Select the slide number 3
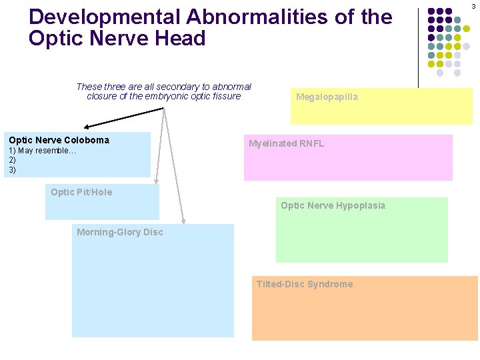[473, 6]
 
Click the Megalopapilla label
[327, 97]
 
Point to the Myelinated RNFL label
[286, 143]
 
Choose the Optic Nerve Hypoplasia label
[333, 205]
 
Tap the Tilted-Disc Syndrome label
[305, 284]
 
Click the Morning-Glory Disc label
[119, 232]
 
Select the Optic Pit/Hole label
[81, 192]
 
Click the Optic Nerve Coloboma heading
[59, 140]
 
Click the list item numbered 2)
[12, 160]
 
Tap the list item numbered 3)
[12, 170]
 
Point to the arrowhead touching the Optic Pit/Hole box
[157, 180]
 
